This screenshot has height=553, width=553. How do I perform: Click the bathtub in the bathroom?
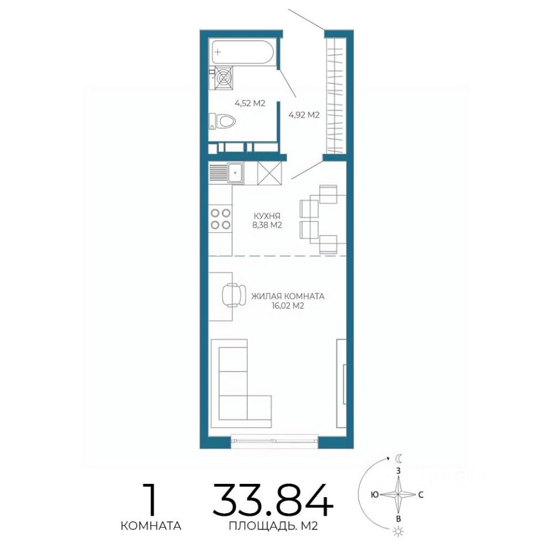[242, 52]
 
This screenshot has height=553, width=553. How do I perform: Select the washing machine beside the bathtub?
[224, 78]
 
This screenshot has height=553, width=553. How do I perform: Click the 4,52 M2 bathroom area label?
[249, 103]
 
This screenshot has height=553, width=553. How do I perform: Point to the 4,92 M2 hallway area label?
[304, 115]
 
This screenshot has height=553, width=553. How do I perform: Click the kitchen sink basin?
[234, 173]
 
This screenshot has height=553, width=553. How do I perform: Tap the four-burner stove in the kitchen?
[221, 219]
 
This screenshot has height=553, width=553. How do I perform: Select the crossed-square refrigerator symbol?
[270, 173]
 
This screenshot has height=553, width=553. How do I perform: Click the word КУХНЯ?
[267, 216]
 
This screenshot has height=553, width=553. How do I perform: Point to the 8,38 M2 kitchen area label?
[267, 225]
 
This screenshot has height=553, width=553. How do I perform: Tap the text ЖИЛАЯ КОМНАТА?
[288, 296]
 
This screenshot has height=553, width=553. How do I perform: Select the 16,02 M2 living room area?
[288, 306]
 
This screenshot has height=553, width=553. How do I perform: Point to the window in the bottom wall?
[275, 441]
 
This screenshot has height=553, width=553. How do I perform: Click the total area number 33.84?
[273, 500]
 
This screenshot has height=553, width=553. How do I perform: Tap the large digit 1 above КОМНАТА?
[151, 500]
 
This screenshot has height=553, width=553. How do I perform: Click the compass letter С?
[421, 495]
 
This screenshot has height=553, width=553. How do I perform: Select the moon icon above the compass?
[398, 459]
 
